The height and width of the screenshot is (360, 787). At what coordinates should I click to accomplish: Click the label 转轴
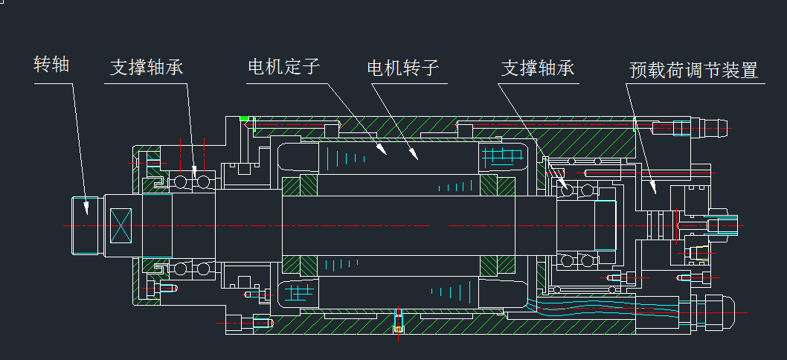(x=51, y=65)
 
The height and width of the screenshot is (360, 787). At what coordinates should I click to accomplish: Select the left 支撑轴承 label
(x=147, y=68)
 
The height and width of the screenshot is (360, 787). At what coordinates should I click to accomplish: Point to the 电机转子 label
(x=403, y=68)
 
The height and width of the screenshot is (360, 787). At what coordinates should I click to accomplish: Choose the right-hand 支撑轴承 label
(x=538, y=68)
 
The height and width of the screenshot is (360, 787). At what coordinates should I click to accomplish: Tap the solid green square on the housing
(x=244, y=118)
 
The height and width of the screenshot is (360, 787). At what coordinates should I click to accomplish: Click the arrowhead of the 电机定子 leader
(x=385, y=152)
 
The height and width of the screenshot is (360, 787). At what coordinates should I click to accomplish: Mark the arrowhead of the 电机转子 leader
(x=417, y=158)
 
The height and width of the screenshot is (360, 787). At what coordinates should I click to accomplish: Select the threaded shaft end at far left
(x=87, y=225)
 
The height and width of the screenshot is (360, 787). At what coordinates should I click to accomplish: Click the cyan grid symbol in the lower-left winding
(x=301, y=291)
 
